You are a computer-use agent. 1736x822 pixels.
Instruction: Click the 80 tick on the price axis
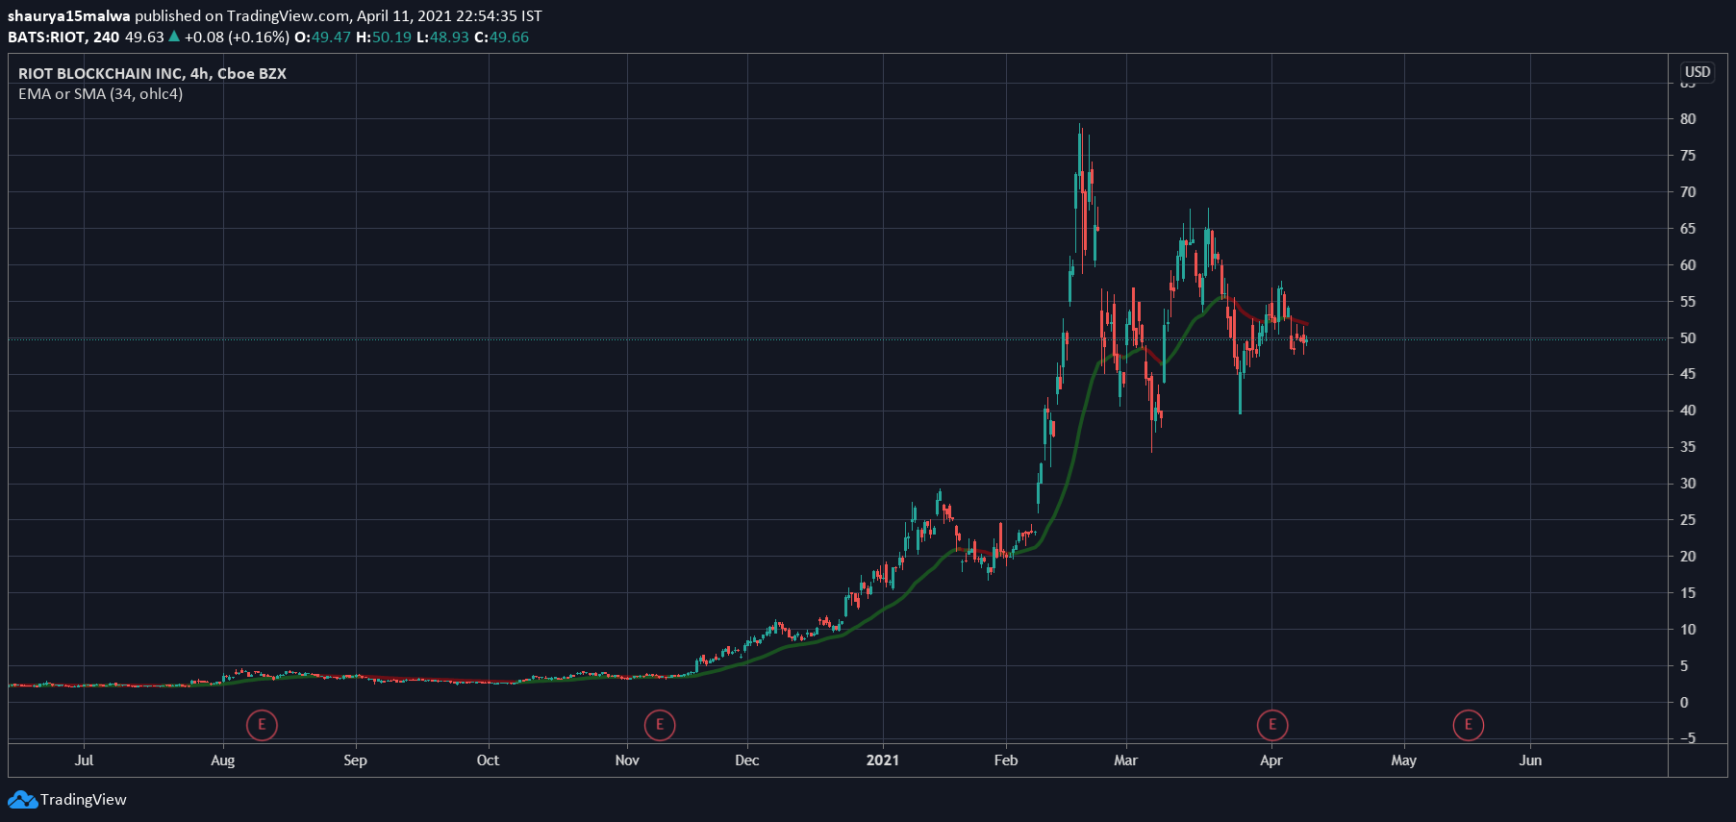[x=1688, y=119]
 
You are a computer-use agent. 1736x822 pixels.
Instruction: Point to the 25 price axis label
[x=1688, y=520]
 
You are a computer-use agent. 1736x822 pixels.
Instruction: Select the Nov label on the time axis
[x=627, y=760]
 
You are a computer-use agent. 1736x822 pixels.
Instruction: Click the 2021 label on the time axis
[x=882, y=760]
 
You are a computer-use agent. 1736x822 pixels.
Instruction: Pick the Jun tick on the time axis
[x=1529, y=760]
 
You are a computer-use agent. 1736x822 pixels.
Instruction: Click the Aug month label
[x=222, y=760]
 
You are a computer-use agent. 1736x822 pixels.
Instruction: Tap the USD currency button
[x=1698, y=72]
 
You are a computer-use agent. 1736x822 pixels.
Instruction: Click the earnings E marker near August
[x=262, y=725]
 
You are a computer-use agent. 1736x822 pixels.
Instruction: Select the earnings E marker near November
[x=660, y=725]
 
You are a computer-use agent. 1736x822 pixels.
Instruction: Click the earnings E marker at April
[x=1272, y=725]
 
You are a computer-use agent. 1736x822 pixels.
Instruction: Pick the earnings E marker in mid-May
[x=1469, y=725]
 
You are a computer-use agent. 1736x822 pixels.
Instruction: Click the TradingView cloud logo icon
[x=22, y=800]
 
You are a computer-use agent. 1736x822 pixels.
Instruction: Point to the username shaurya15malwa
[x=68, y=16]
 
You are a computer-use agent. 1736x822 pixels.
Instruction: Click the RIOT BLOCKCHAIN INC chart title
[x=152, y=74]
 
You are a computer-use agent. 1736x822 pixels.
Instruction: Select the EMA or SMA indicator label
[x=100, y=94]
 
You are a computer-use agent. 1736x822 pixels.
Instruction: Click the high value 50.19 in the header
[x=391, y=37]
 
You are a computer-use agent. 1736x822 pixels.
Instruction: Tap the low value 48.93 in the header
[x=449, y=37]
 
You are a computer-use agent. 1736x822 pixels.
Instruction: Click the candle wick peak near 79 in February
[x=1080, y=125]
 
